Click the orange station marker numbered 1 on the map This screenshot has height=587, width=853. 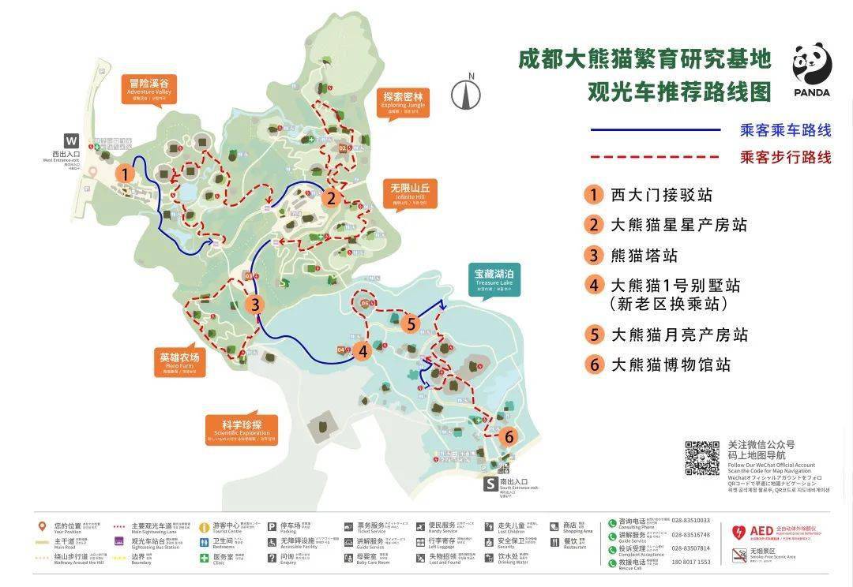pos(123,174)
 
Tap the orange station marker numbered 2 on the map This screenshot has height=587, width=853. pos(332,197)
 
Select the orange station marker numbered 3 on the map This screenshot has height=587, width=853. pos(254,304)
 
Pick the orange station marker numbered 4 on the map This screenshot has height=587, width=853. pos(363,352)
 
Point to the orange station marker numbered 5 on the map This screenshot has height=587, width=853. pos(410,323)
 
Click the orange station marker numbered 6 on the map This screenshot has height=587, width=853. pos(509,436)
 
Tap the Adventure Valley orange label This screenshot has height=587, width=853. pos(148,88)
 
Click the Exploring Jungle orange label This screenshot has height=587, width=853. pos(404,102)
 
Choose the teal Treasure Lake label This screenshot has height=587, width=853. pos(494,279)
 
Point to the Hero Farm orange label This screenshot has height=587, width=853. pos(179,362)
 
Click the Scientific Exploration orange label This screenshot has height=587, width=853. pos(241,430)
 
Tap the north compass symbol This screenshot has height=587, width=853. pos(466,93)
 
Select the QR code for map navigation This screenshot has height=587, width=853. pos(701,458)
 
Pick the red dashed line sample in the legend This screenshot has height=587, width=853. pos(656,157)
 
